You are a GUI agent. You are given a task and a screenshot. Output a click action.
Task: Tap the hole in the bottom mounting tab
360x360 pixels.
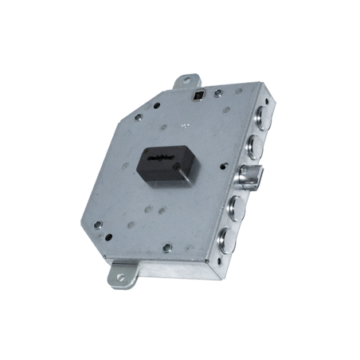click(x=121, y=277)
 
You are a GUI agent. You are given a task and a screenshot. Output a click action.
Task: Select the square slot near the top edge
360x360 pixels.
click(x=197, y=96)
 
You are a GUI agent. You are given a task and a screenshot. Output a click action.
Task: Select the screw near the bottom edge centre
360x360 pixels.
click(x=166, y=248)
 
